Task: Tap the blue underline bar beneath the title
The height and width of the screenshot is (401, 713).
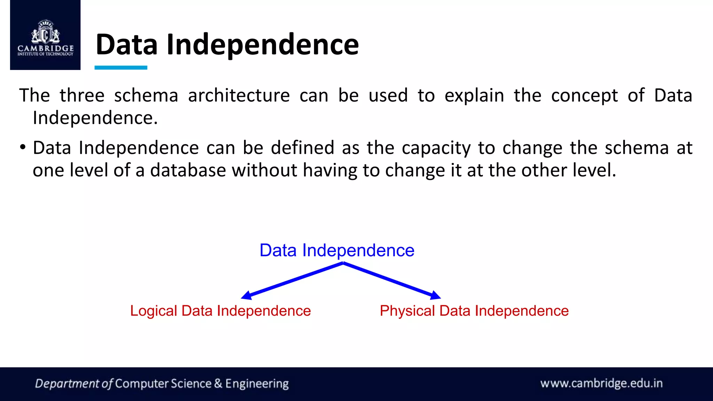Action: [121, 68]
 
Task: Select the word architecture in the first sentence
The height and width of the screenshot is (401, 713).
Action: [239, 95]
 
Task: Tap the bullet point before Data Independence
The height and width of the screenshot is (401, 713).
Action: [23, 147]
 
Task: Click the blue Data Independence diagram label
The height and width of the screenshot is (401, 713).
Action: [337, 250]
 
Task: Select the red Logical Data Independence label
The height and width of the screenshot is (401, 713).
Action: [220, 310]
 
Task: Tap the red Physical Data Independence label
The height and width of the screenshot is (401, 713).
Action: [474, 310]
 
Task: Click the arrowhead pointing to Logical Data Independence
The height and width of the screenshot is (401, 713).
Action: [246, 296]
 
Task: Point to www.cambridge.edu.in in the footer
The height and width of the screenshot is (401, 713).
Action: [601, 383]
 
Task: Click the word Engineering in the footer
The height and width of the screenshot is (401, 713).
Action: [257, 384]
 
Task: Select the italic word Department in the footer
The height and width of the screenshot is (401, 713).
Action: [67, 384]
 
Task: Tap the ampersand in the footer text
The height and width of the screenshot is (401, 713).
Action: [218, 384]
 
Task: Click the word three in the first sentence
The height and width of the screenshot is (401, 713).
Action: [82, 95]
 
